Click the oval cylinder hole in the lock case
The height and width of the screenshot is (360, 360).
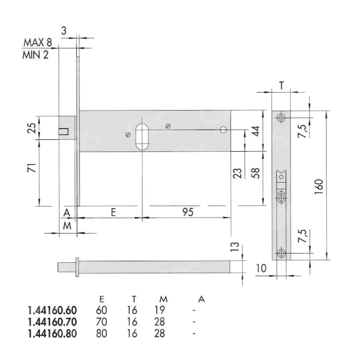pos(142,137)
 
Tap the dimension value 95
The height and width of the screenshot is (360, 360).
pos(188,212)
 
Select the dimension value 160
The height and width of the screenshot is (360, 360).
pos(319,187)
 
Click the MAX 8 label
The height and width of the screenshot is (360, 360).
pos(38,42)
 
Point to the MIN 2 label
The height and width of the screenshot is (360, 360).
pos(35,55)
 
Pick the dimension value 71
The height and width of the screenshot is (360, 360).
pos(32,168)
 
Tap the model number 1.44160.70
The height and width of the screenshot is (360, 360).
pos(52,322)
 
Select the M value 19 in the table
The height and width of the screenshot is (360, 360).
pos(160,310)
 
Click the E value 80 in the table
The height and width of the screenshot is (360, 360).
pos(101,333)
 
